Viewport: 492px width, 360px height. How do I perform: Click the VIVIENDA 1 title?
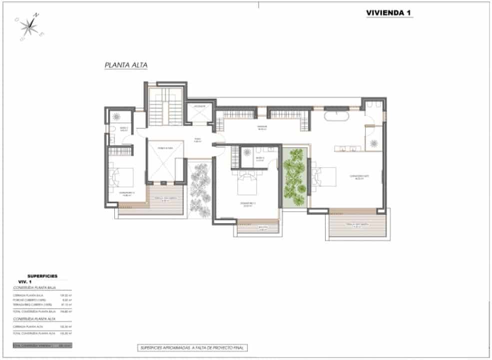point(389,13)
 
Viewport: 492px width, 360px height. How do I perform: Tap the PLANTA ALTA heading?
point(126,65)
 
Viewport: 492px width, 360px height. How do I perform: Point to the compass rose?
point(30,27)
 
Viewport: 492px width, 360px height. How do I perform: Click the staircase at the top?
point(164,107)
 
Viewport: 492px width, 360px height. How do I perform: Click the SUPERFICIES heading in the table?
point(42,276)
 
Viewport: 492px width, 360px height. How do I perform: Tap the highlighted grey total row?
point(42,345)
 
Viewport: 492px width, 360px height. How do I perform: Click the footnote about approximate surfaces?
point(192,347)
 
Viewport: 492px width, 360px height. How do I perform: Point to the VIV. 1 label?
point(25,282)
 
